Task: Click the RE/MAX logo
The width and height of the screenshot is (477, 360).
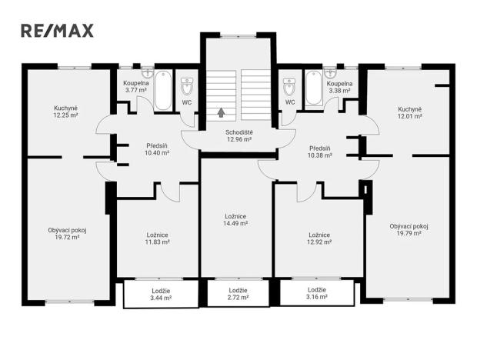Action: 57,31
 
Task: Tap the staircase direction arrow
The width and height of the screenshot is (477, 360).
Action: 222,112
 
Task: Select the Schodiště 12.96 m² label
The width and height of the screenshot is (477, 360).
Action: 239,136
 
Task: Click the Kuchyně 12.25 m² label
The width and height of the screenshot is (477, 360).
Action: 67,112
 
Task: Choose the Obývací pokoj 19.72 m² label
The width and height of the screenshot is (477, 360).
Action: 67,233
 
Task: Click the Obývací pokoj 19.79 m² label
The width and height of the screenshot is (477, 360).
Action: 409,230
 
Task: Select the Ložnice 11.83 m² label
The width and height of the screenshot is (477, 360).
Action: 158,238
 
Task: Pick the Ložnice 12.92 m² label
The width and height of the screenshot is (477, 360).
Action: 319,238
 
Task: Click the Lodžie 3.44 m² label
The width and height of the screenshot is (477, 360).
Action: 160,293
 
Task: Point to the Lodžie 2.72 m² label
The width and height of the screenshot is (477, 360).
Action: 239,293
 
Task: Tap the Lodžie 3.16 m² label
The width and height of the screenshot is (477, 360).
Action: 316,293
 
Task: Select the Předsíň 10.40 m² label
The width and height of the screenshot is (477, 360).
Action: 157,149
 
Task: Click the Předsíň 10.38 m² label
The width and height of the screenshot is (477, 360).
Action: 320,152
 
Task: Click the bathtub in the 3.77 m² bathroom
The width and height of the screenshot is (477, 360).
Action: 163,91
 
